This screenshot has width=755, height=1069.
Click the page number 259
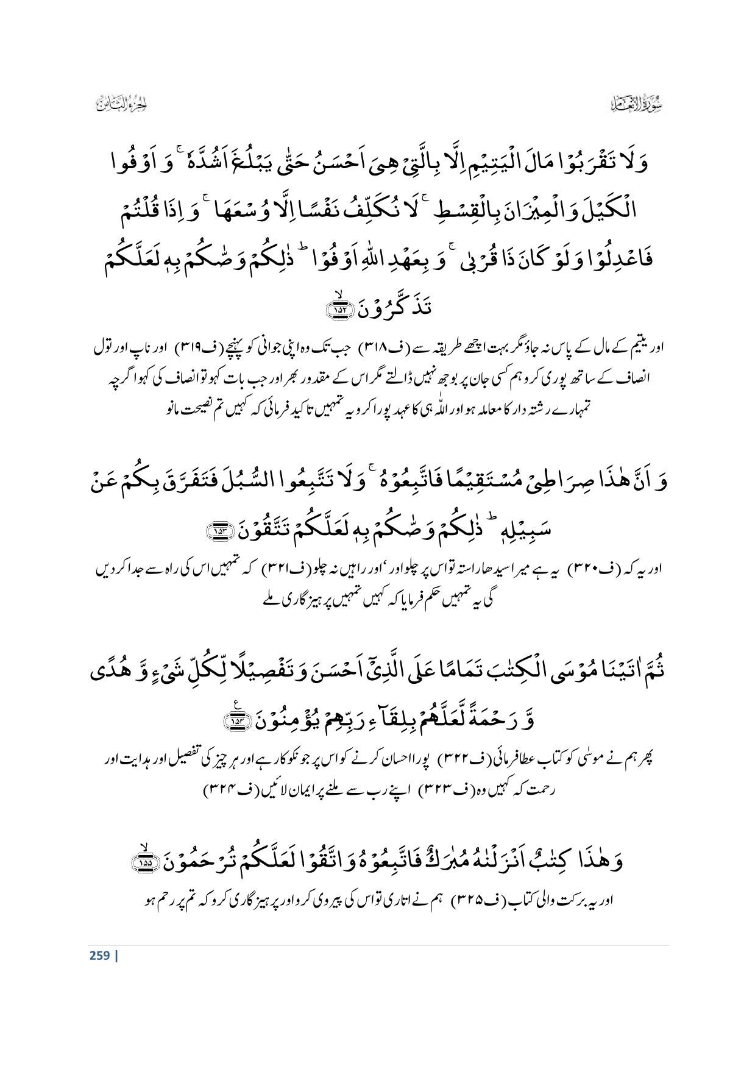tap(99, 955)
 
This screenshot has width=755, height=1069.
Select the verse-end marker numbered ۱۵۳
tap(216, 532)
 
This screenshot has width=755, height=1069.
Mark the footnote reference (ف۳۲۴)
tap(221, 789)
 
